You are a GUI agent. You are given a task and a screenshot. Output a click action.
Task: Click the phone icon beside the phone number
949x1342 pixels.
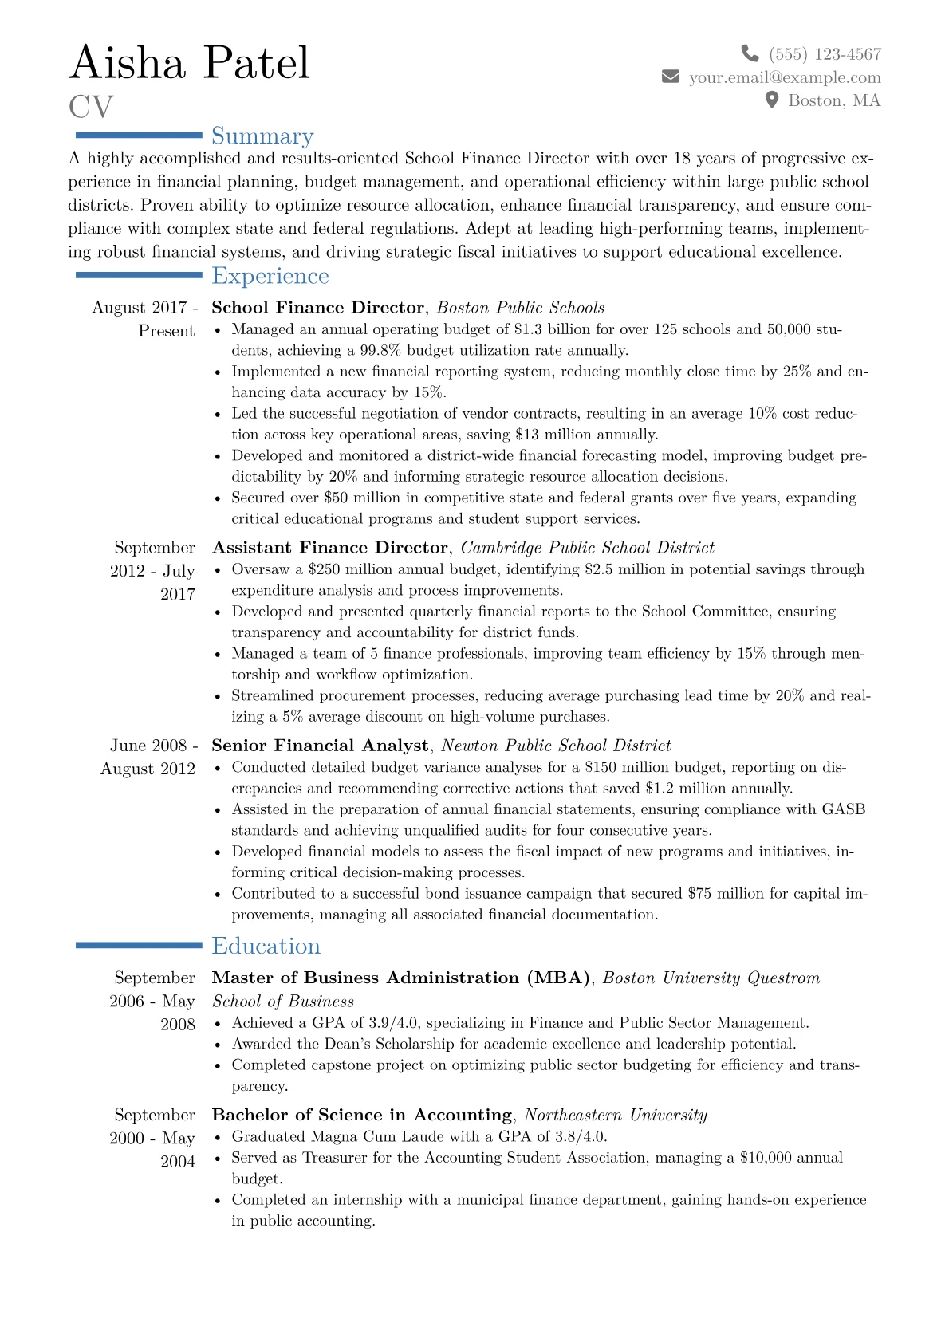coord(750,53)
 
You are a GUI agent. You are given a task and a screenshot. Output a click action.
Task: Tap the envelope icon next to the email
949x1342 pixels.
coord(671,77)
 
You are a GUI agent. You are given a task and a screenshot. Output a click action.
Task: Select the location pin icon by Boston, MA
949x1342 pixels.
coord(771,100)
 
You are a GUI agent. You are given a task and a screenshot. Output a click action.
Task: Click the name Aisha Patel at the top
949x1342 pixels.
coord(190,62)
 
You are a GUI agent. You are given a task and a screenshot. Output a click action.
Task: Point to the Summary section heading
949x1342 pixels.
coord(262,136)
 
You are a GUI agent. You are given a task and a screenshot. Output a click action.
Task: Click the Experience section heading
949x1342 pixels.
coord(270,276)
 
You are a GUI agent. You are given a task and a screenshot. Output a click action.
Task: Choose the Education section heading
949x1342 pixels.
coord(266,946)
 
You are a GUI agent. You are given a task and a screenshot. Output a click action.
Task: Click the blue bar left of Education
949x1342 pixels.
coord(139,945)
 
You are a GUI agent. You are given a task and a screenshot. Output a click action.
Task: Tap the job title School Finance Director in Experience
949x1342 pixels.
coord(317,308)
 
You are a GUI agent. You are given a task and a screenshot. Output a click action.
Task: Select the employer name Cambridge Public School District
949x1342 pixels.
coord(587,548)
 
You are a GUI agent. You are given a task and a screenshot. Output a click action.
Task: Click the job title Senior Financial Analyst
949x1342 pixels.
coord(319,746)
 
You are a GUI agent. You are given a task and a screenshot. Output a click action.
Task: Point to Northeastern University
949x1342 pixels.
coord(615,1115)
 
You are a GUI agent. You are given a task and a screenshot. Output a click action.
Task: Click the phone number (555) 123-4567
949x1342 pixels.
coord(825,54)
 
